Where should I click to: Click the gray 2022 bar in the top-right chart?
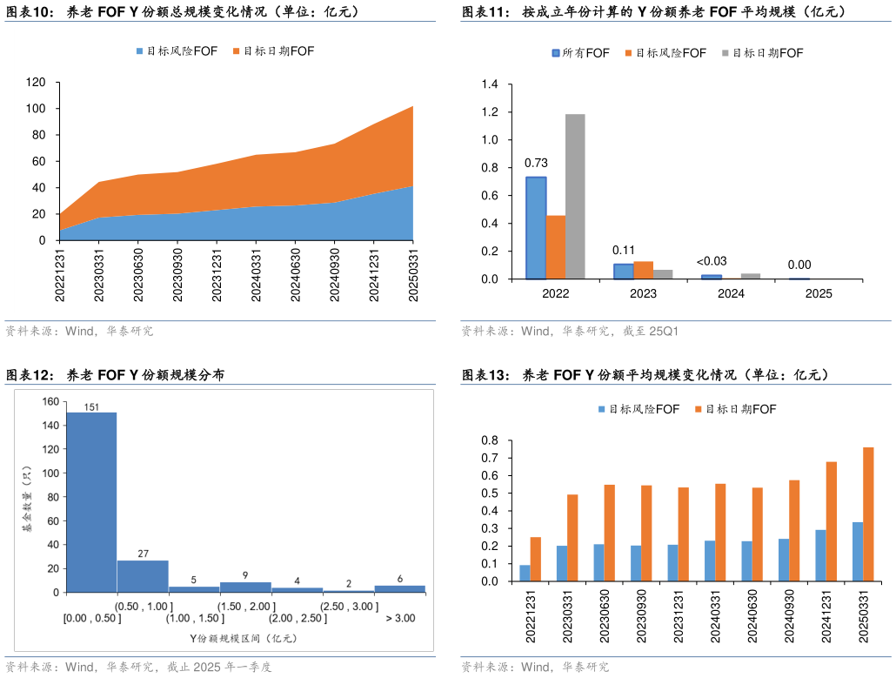[575, 197]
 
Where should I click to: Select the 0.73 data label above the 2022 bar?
[535, 163]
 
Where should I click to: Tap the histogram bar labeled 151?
[91, 501]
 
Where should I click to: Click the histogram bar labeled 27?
[143, 575]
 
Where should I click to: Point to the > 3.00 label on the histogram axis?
[399, 618]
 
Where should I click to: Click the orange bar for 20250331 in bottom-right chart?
[867, 514]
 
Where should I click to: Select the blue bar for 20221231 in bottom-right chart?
[525, 573]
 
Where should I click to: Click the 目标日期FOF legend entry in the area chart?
[273, 51]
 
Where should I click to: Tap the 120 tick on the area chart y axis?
[36, 83]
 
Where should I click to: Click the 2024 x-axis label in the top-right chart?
[731, 293]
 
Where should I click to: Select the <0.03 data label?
[712, 261]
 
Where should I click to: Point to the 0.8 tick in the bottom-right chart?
[489, 440]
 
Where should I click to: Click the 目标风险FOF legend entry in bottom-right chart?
[638, 409]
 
